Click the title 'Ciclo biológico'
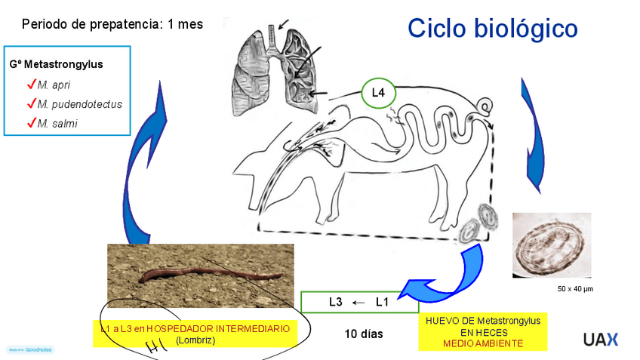pos(493,29)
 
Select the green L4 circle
pos(378,94)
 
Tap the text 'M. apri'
pos(54,85)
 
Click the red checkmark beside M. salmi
pos(32,122)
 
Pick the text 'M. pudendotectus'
pos(79,104)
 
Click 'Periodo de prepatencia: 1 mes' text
pos(112,24)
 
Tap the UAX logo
pos(600,339)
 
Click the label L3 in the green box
pos(336,303)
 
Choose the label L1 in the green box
pos(382,303)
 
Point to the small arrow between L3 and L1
pos(359,303)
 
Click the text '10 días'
pos(364,334)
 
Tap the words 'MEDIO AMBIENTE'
pos(483,343)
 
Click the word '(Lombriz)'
pos(195,340)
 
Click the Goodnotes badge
pos(31,350)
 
